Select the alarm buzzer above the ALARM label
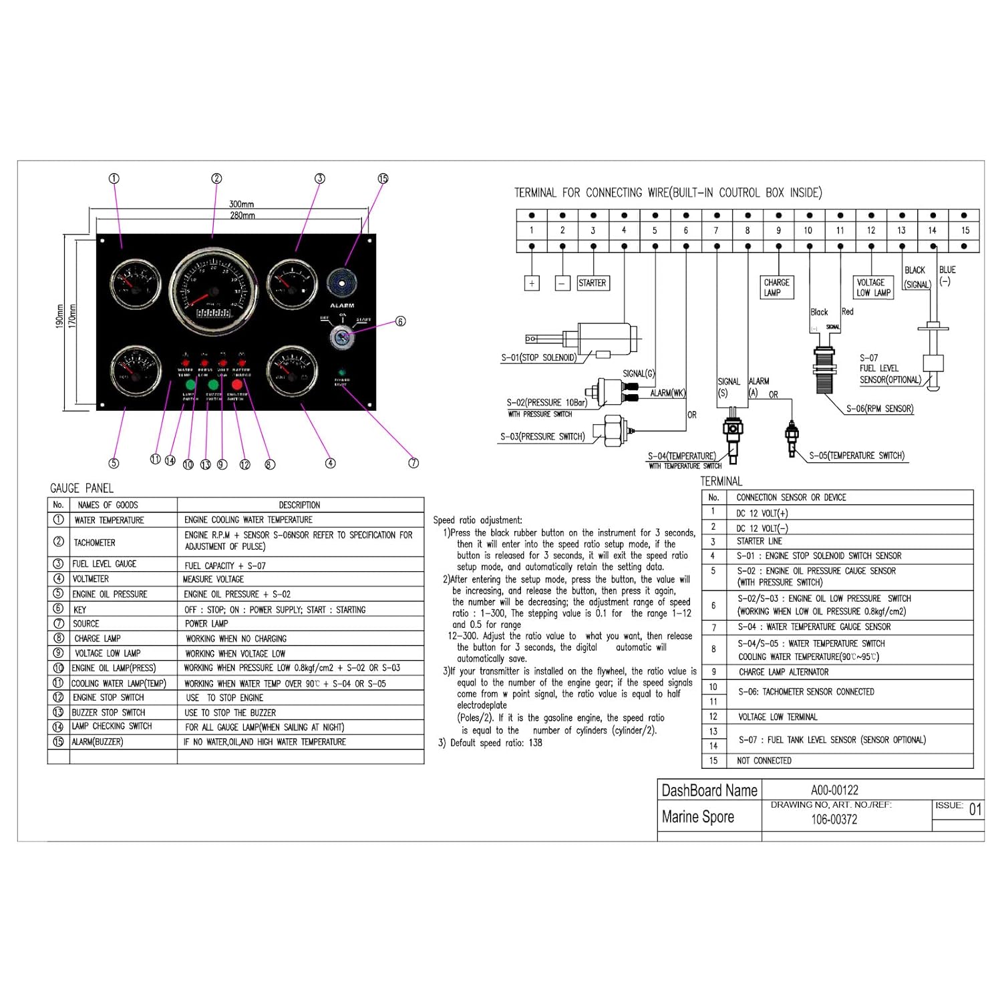[341, 283]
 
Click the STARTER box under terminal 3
[592, 283]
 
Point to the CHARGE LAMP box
[776, 287]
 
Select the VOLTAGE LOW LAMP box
[874, 287]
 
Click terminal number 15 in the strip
[965, 230]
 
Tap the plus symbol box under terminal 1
[532, 283]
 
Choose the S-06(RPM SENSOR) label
[879, 409]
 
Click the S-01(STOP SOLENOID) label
[538, 357]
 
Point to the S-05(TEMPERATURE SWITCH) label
[856, 456]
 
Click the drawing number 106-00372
[834, 820]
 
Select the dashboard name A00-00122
[834, 790]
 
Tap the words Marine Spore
[697, 817]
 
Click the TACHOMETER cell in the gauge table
[95, 542]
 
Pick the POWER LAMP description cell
[206, 624]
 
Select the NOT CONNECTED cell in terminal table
[764, 761]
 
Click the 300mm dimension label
[241, 204]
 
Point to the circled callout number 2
[216, 178]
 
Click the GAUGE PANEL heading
[82, 488]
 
